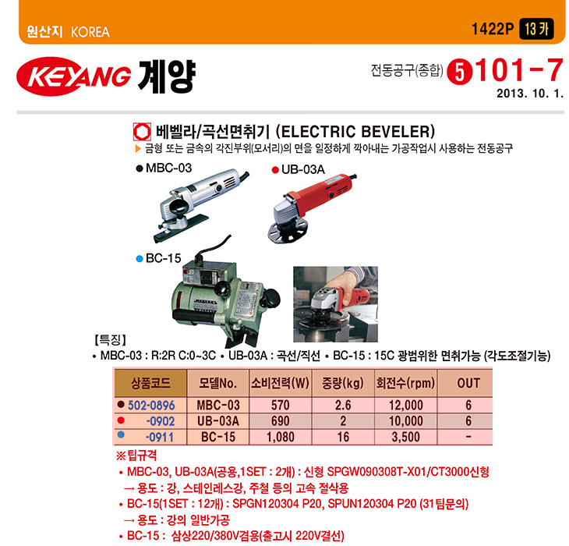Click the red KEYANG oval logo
pyautogui.click(x=74, y=76)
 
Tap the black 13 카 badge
pyautogui.click(x=537, y=29)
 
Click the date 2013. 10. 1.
pyautogui.click(x=530, y=94)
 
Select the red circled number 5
pyautogui.click(x=459, y=73)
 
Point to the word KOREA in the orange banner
pyautogui.click(x=90, y=32)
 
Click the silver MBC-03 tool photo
pyautogui.click(x=201, y=204)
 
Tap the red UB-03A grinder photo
pyautogui.click(x=311, y=208)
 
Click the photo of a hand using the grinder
pyautogui.click(x=335, y=304)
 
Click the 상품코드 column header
pyautogui.click(x=150, y=383)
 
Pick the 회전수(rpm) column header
pyautogui.click(x=405, y=383)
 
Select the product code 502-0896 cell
pyautogui.click(x=151, y=405)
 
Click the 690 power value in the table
pyautogui.click(x=281, y=421)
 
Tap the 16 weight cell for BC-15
pyautogui.click(x=343, y=437)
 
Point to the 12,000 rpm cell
pyautogui.click(x=405, y=405)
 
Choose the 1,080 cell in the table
pyautogui.click(x=280, y=437)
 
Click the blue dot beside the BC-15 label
pyautogui.click(x=140, y=259)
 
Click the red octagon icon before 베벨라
pyautogui.click(x=142, y=132)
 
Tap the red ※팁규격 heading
pyautogui.click(x=136, y=456)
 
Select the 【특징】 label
pyautogui.click(x=111, y=340)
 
